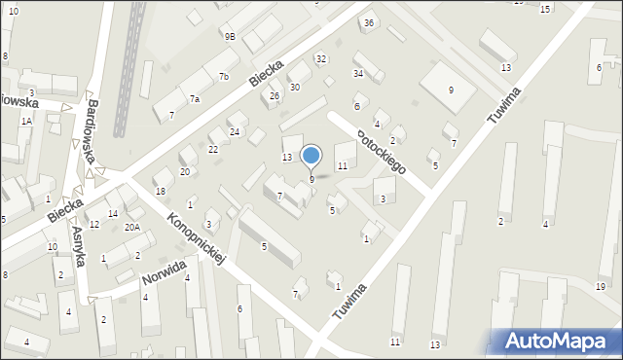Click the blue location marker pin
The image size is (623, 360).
[x=311, y=156]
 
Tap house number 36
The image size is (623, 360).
[x=368, y=22]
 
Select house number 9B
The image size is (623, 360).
[x=229, y=36]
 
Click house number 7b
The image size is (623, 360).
[x=223, y=76]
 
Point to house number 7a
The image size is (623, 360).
[x=195, y=99]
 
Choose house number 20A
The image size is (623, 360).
[x=131, y=227]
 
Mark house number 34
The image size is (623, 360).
[x=358, y=73]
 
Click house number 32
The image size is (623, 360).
[x=321, y=59]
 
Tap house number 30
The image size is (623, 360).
[x=294, y=88]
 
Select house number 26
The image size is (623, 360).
[x=275, y=95]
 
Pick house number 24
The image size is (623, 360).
[x=235, y=131]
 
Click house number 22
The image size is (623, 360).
[x=213, y=149]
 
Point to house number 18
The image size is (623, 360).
[x=160, y=192]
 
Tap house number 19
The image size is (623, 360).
[x=601, y=285]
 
